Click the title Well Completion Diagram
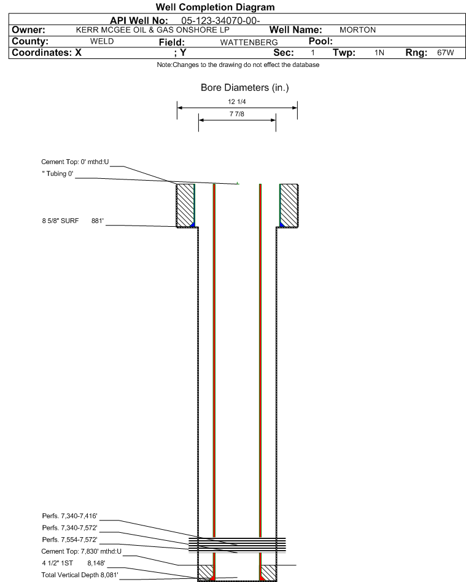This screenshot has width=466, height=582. pyautogui.click(x=215, y=7)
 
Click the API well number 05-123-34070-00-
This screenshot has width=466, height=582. pyautogui.click(x=220, y=21)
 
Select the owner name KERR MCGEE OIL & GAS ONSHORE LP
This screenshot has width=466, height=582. pyautogui.click(x=153, y=30)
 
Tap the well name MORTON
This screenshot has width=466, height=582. pyautogui.click(x=357, y=30)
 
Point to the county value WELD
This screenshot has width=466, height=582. pyautogui.click(x=102, y=41)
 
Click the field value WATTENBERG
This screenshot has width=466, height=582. pyautogui.click(x=249, y=42)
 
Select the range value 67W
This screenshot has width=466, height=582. pyautogui.click(x=445, y=52)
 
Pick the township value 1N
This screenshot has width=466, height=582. pyautogui.click(x=379, y=53)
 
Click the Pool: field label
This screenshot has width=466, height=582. pyautogui.click(x=320, y=41)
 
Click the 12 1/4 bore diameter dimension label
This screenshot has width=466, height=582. pyautogui.click(x=237, y=101)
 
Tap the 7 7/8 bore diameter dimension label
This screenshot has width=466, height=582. pyautogui.click(x=237, y=114)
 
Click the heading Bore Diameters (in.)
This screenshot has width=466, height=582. pyautogui.click(x=245, y=88)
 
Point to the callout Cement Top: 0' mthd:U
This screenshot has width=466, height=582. pyautogui.click(x=75, y=162)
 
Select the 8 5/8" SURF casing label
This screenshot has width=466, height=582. pyautogui.click(x=60, y=221)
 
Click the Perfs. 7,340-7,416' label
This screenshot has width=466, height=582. pyautogui.click(x=70, y=516)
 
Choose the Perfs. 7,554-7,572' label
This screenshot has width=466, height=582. pyautogui.click(x=70, y=540)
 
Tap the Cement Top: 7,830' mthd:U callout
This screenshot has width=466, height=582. pyautogui.click(x=81, y=551)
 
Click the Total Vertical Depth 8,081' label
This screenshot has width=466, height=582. pyautogui.click(x=80, y=575)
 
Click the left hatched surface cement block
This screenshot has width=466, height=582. pyautogui.click(x=185, y=205)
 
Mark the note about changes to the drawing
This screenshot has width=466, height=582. pyautogui.click(x=238, y=65)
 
